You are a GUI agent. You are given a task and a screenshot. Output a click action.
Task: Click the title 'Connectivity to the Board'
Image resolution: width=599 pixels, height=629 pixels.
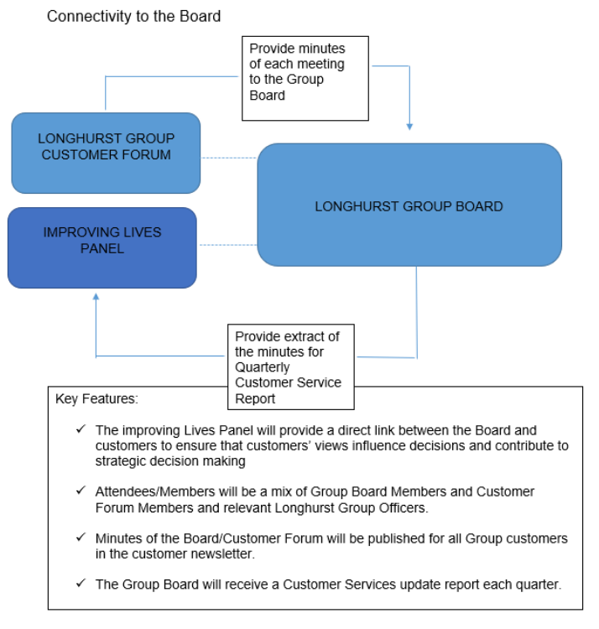click(133, 16)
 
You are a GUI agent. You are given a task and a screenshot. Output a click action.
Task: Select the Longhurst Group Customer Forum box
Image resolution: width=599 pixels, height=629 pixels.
click(106, 152)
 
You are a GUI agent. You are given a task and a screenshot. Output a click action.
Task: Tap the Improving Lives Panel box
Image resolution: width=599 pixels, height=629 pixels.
click(102, 247)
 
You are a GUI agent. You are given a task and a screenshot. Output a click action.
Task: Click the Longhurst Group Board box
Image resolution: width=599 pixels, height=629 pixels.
click(409, 205)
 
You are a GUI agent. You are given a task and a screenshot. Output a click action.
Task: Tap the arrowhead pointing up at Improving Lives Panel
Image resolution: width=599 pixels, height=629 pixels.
click(96, 296)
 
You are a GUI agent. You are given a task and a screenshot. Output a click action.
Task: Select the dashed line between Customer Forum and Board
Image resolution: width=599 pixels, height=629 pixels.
click(228, 158)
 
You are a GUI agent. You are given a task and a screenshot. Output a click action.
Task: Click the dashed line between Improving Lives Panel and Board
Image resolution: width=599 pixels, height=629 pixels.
click(227, 246)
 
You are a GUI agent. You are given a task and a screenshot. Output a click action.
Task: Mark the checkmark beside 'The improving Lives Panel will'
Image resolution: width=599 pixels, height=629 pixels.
click(81, 429)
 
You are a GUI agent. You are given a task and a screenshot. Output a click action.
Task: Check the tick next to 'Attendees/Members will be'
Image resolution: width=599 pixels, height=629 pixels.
click(81, 491)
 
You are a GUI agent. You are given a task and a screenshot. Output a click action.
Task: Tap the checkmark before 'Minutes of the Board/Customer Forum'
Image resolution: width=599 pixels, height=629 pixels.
click(81, 537)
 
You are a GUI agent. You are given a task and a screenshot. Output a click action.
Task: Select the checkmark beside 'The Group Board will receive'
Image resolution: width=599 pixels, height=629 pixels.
click(81, 584)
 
